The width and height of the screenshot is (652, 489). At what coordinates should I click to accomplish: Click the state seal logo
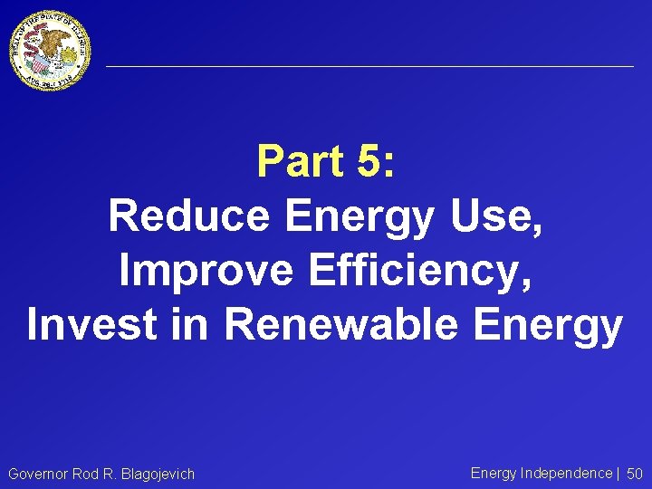point(51,51)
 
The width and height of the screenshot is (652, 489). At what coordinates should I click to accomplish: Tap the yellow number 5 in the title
point(369,162)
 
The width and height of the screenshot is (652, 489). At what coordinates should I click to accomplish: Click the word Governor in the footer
point(39,474)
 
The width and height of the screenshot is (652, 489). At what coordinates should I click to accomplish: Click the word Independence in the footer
point(567,473)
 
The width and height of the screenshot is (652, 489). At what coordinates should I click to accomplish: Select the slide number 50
point(635,474)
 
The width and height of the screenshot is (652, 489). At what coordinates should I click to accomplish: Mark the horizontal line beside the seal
point(369,66)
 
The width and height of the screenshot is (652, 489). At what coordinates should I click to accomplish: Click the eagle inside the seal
point(53,44)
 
